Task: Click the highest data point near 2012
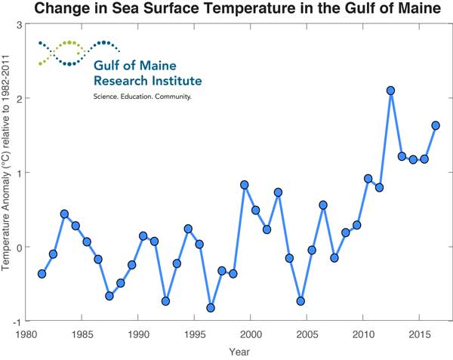(x=390, y=91)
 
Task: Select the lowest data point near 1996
(x=211, y=308)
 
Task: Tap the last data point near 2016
(x=436, y=125)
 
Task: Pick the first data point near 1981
(x=42, y=274)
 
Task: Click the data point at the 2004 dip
(x=300, y=301)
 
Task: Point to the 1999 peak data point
(x=245, y=185)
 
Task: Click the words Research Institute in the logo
(x=147, y=81)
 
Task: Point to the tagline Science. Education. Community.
(x=142, y=97)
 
